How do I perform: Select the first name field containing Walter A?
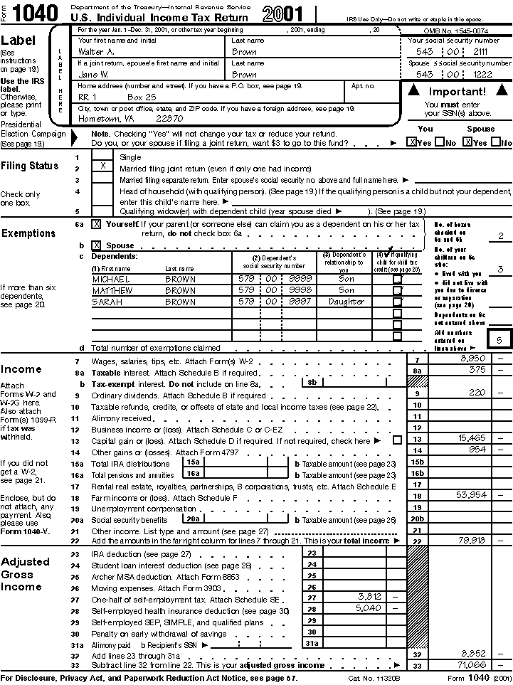(x=96, y=52)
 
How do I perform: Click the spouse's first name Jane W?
(x=93, y=74)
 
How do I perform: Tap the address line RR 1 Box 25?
(x=111, y=96)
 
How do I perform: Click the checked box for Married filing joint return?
(x=103, y=166)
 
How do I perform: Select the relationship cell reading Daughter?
(x=347, y=302)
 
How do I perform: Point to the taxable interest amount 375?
(x=477, y=369)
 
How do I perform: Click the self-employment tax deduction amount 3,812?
(x=370, y=596)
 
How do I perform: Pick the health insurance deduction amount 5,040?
(x=370, y=608)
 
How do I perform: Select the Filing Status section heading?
(x=30, y=166)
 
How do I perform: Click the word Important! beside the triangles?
(x=457, y=92)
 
